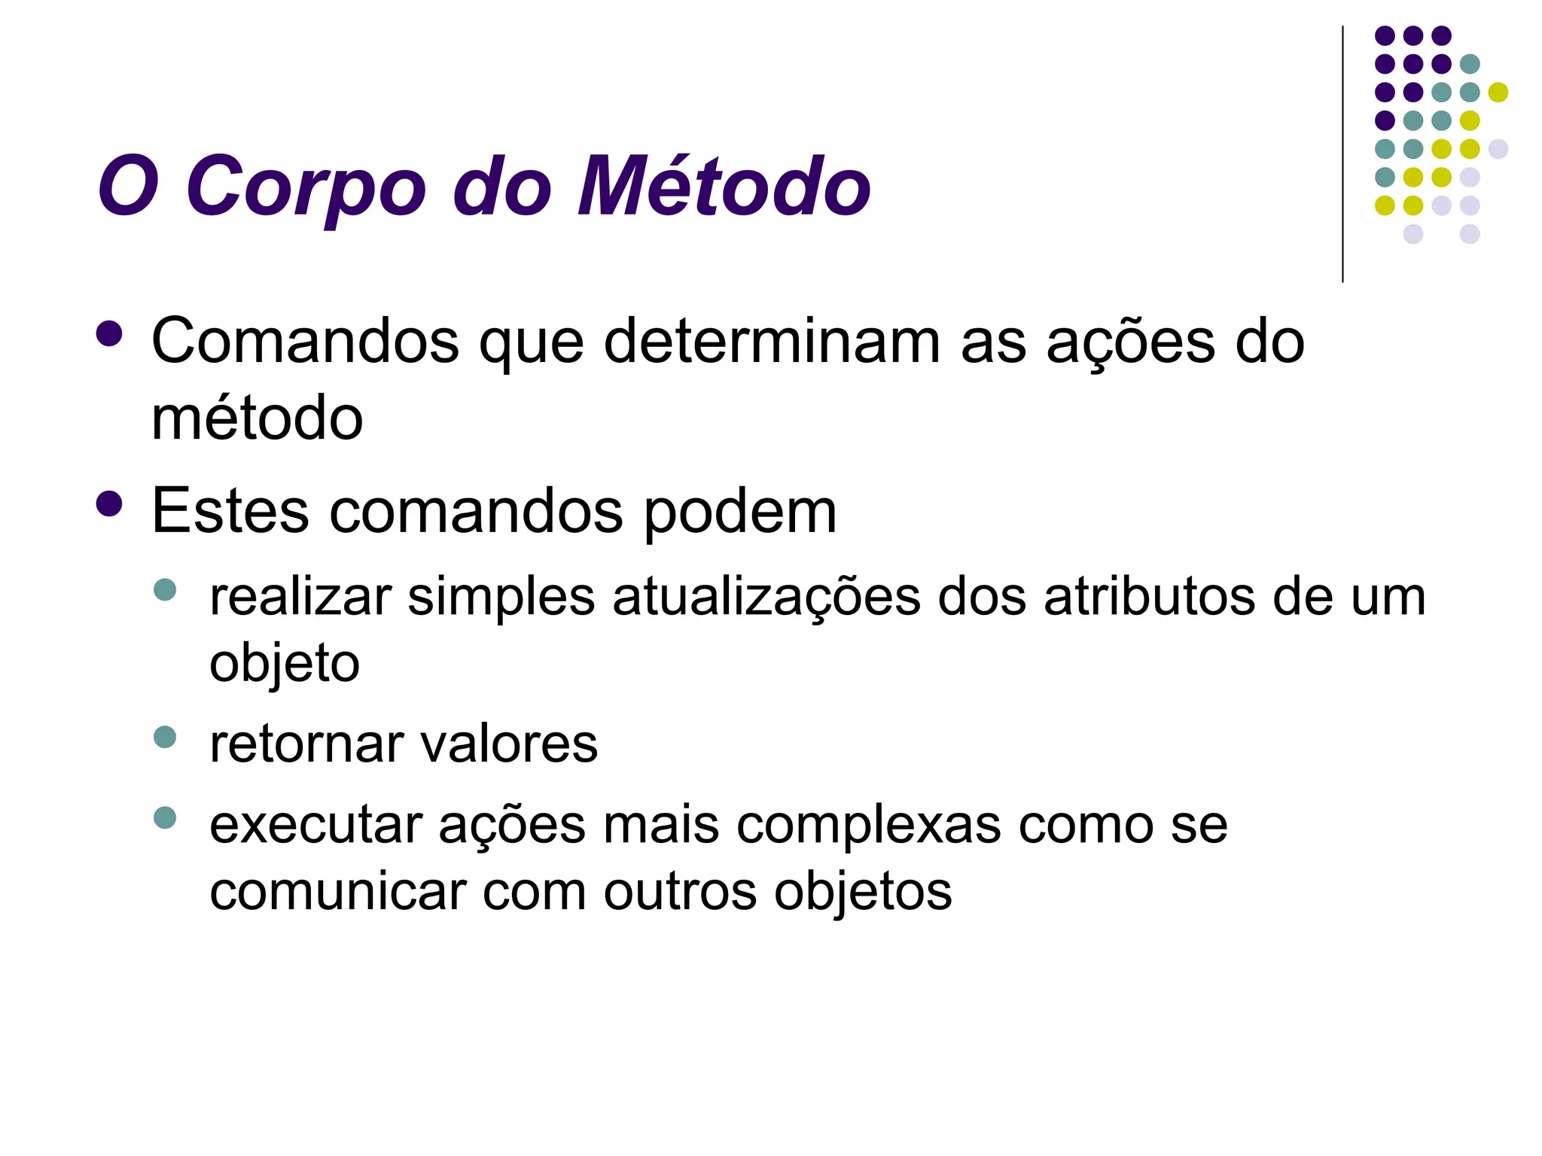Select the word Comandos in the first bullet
(x=305, y=342)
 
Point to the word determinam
(x=772, y=342)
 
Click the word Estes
(x=230, y=512)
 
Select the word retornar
(x=308, y=744)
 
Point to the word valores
(x=509, y=744)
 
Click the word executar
(x=315, y=826)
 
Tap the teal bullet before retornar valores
(x=164, y=736)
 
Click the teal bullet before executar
(x=164, y=817)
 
